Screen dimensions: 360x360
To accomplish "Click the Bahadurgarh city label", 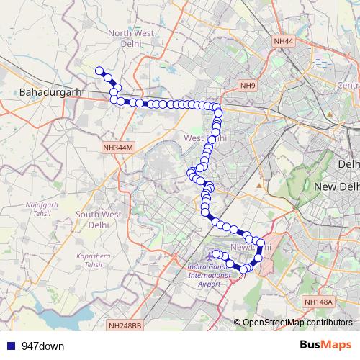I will (x=51, y=93).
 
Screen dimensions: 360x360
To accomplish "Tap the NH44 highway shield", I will (x=284, y=42).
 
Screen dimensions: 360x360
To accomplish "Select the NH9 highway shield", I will (x=248, y=86).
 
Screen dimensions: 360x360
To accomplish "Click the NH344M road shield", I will (x=119, y=147).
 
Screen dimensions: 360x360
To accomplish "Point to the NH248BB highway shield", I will (x=125, y=326).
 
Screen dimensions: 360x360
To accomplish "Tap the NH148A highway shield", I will (x=318, y=302).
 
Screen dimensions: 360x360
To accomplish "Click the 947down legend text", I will (x=42, y=346).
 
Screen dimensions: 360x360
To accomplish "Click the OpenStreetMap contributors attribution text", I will (x=297, y=323).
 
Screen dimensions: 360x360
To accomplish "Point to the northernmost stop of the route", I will (x=100, y=70).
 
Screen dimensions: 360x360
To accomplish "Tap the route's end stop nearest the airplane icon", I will (x=215, y=253).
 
